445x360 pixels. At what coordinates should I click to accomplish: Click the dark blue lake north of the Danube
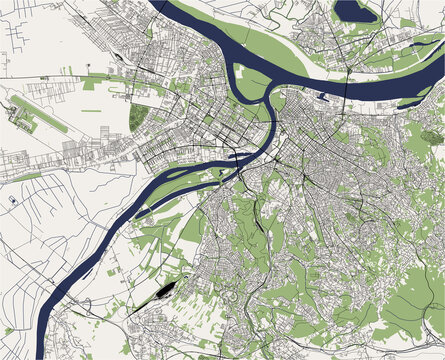(x=356, y=11)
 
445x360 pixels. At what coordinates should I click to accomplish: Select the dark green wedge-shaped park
(x=137, y=117)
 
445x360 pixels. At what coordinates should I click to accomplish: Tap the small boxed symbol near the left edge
(x=13, y=200)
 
